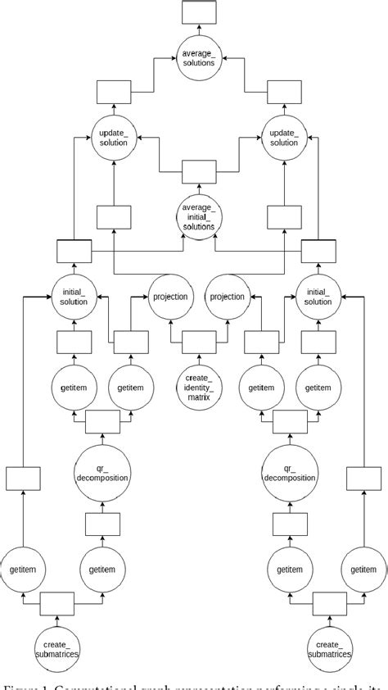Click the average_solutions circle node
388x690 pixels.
click(x=198, y=57)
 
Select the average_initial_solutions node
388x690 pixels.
click(x=198, y=216)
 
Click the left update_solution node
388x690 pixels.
click(x=114, y=137)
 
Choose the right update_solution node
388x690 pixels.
click(x=284, y=137)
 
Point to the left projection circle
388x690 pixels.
click(x=169, y=297)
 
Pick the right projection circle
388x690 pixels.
click(x=227, y=297)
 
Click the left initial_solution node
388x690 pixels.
click(x=74, y=297)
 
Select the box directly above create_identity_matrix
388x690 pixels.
click(x=198, y=339)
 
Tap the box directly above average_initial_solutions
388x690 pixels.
click(x=198, y=172)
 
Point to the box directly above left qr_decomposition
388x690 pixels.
click(x=103, y=421)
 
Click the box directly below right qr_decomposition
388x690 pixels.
click(x=284, y=524)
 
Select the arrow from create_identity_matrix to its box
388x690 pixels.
click(x=198, y=356)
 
